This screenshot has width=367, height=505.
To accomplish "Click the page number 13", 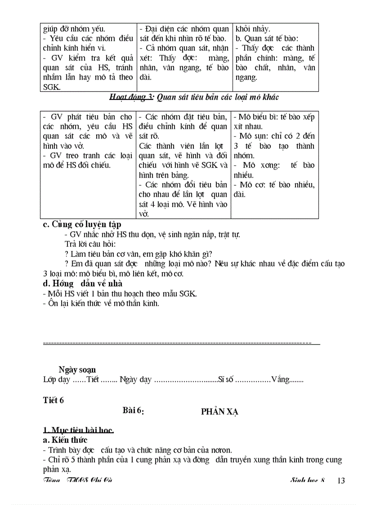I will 340,480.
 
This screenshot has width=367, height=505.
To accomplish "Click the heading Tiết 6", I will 54,400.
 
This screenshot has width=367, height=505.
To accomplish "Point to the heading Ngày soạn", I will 77,370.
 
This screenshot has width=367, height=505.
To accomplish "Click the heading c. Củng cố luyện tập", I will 81,224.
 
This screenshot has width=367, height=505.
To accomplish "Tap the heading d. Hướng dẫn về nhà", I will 82,283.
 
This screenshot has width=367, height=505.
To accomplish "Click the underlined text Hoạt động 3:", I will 131,97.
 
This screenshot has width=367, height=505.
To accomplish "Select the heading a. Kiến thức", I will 65,440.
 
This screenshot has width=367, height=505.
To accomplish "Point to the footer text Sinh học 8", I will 307,480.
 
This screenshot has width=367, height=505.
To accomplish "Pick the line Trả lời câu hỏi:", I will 90,244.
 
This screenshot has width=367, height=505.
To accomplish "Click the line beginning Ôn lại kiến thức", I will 101,303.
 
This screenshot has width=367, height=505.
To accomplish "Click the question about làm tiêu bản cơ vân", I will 139,254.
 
